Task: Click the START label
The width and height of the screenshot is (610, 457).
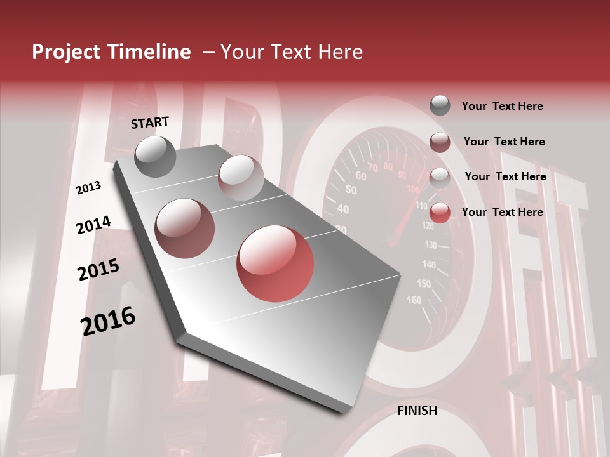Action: pos(150,123)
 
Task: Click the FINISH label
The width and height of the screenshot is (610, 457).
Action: pos(417,411)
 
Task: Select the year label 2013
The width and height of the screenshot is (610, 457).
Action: pos(89,188)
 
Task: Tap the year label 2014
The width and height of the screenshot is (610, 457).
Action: pos(93,225)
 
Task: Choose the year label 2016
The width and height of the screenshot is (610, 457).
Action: pos(108,321)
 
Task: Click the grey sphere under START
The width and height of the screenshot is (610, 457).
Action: pos(156,156)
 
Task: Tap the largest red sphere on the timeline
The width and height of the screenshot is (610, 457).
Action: pos(275,263)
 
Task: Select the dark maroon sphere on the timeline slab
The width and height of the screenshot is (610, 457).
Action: pos(185,228)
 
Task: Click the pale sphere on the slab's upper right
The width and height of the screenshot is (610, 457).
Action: pos(241,177)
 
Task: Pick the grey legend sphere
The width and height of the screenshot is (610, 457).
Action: pos(440,106)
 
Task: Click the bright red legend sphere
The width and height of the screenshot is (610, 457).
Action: pos(440,213)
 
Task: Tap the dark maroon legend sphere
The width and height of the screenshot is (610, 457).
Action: pos(440,142)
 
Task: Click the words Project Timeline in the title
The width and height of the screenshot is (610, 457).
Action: pos(111,52)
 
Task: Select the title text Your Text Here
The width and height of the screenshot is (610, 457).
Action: pos(291,52)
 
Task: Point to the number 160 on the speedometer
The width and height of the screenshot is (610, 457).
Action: pos(414,300)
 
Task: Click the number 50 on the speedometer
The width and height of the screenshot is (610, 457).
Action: pos(351,189)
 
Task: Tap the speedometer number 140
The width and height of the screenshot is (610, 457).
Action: pos(429,264)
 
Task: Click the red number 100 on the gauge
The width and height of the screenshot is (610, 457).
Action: pos(413,189)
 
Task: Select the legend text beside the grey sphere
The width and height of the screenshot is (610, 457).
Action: pos(502,106)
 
